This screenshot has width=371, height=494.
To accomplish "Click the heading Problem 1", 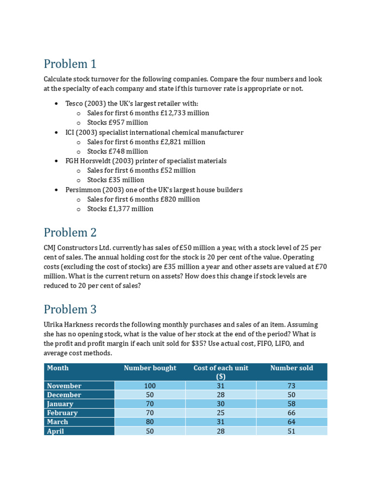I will click(x=70, y=64).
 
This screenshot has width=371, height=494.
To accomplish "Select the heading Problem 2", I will click(x=70, y=233).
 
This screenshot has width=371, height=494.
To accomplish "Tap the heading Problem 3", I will click(x=70, y=309).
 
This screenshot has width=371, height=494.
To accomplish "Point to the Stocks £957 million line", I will click(x=117, y=123).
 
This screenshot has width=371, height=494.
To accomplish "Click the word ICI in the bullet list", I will click(x=71, y=132).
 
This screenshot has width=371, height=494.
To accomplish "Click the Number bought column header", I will click(x=150, y=368).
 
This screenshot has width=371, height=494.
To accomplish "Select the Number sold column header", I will click(x=291, y=368).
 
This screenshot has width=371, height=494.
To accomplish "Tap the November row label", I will click(x=64, y=386).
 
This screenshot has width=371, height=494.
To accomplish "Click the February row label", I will click(x=62, y=413).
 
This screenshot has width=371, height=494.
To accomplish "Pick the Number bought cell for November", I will click(x=150, y=386).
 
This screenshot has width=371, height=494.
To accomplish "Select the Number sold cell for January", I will click(x=291, y=404).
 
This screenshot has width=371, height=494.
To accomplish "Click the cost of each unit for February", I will click(x=221, y=413).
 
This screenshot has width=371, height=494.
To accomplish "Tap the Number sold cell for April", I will click(x=291, y=431).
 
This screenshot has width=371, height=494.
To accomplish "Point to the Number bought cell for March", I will click(x=150, y=422).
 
